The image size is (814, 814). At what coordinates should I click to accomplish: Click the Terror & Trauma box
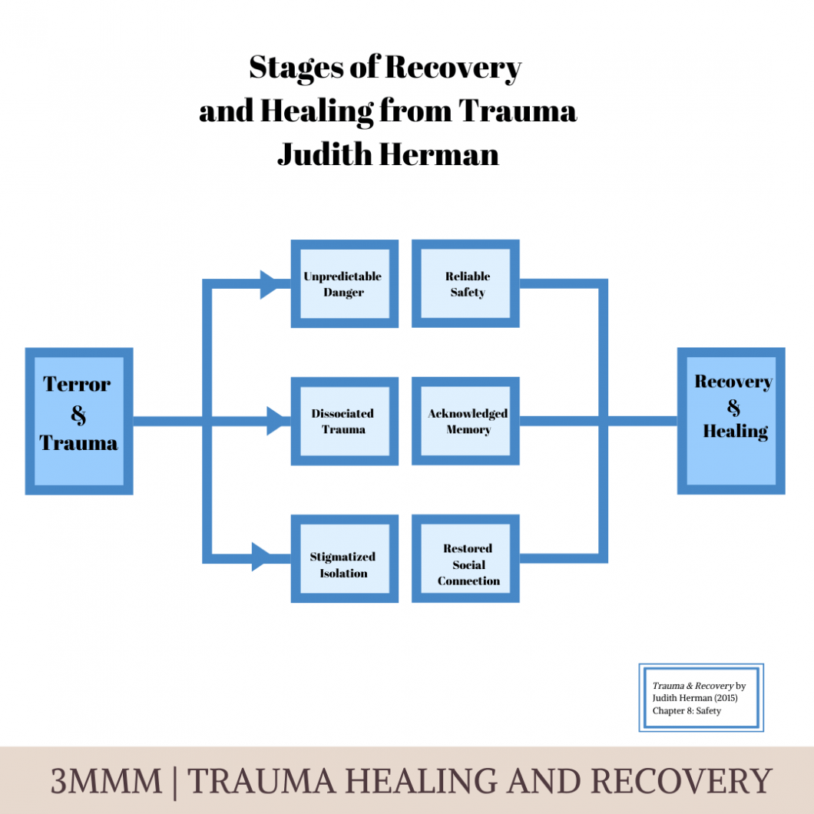click(x=78, y=421)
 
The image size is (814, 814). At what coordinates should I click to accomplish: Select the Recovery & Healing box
click(x=730, y=421)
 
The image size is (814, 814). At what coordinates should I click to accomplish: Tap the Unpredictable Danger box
click(x=344, y=284)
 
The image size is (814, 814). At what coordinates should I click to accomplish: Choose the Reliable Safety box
click(x=466, y=284)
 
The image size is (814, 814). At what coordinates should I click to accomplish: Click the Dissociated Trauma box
click(x=344, y=421)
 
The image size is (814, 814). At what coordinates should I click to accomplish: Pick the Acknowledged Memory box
click(x=466, y=421)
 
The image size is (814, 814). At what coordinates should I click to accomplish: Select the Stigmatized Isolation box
click(x=344, y=558)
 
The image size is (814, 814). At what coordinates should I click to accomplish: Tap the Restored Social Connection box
click(x=466, y=558)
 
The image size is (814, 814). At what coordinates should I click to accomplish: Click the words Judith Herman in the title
click(x=388, y=154)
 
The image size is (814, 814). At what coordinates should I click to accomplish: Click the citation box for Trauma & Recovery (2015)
click(x=700, y=697)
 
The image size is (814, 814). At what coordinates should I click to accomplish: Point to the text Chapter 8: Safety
click(x=687, y=711)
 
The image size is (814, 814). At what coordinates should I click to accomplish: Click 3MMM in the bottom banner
click(x=106, y=782)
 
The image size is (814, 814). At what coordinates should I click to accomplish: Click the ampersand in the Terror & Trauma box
click(x=78, y=415)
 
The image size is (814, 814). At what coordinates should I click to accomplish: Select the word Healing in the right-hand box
click(x=735, y=432)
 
